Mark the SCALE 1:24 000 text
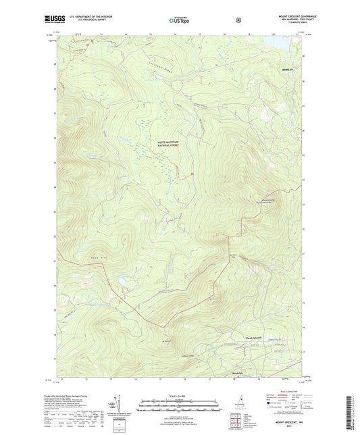coord(178,395)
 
